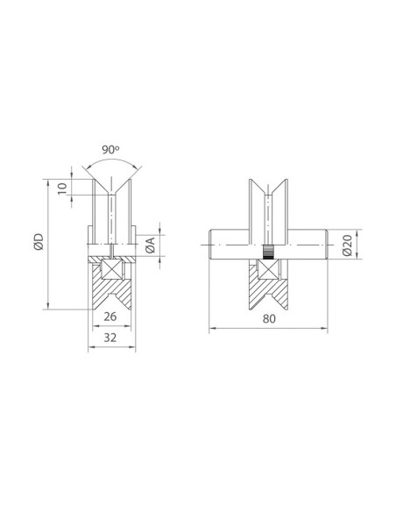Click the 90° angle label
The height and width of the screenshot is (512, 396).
point(110,150)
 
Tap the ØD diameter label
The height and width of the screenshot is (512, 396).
point(39,242)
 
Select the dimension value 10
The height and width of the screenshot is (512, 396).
point(62,188)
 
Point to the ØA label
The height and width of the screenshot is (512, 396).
point(151,245)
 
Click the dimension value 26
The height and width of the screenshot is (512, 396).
point(110,316)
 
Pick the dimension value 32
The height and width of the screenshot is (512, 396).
point(110,338)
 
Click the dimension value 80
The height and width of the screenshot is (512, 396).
point(269,319)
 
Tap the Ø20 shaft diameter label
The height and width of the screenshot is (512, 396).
point(348,245)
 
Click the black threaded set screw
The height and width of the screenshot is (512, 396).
point(268,252)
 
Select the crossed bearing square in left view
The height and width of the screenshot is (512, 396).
point(112,269)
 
